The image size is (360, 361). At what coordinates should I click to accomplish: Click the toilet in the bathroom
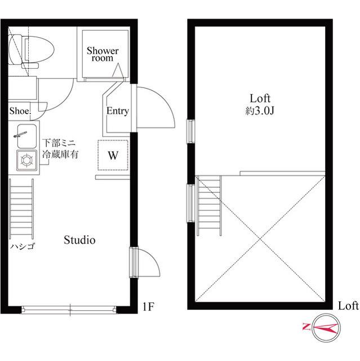click(31, 51)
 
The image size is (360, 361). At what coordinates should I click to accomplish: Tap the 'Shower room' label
click(103, 54)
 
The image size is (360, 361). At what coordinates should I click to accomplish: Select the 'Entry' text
click(118, 111)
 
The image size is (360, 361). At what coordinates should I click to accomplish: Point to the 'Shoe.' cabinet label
click(20, 111)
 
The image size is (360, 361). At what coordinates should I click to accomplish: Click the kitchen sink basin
click(27, 137)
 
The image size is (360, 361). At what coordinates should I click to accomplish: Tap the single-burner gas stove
click(26, 160)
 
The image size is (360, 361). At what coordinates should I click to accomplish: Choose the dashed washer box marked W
click(113, 155)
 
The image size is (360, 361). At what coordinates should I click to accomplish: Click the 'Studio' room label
click(79, 240)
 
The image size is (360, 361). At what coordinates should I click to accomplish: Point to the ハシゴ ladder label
click(23, 246)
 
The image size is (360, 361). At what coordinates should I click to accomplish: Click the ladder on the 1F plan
click(21, 209)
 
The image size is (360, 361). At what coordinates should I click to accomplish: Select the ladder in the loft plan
click(210, 206)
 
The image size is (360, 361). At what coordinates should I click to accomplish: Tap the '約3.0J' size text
click(260, 111)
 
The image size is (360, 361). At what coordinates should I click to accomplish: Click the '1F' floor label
click(148, 306)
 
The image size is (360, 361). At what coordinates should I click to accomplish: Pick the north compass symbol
click(326, 328)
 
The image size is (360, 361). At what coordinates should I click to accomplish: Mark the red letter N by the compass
click(306, 327)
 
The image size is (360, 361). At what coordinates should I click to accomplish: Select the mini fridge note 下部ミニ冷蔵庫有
click(60, 148)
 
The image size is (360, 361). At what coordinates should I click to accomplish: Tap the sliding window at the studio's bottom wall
click(69, 310)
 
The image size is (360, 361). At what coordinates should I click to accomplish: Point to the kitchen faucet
click(20, 134)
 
